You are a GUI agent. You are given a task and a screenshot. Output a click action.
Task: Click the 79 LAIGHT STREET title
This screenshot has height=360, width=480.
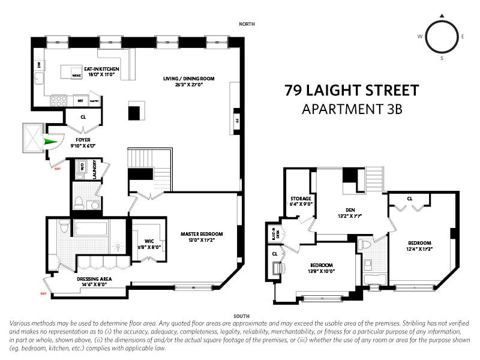[x=351, y=91]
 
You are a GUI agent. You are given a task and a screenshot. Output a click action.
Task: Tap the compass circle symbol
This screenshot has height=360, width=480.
[x=442, y=36]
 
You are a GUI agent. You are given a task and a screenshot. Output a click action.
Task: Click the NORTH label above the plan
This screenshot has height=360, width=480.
[x=247, y=24]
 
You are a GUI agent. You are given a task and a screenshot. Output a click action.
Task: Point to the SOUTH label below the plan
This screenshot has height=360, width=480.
[x=243, y=314]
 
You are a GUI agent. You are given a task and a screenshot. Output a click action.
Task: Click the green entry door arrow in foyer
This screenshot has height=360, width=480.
[x=53, y=142]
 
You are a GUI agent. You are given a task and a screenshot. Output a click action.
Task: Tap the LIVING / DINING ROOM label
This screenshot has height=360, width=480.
[x=189, y=82]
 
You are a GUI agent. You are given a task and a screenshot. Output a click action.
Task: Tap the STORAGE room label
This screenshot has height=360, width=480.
[x=301, y=201]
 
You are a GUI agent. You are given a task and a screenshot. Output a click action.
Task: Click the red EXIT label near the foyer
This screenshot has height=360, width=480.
[x=58, y=170]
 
